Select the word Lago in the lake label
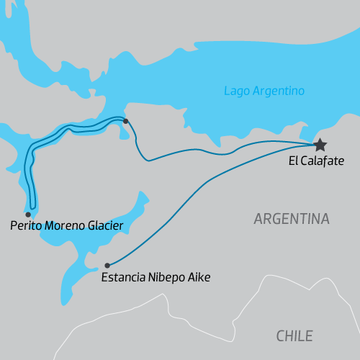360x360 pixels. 236,91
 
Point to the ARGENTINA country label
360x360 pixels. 292,219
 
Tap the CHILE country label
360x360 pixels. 294,336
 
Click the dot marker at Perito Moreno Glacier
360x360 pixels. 28,215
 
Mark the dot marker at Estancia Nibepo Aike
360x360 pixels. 107,265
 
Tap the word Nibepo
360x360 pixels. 166,276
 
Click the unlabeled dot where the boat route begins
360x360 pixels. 125,121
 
